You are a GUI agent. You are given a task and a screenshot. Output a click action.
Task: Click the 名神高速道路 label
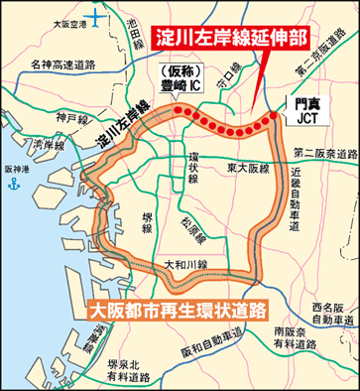[60, 66]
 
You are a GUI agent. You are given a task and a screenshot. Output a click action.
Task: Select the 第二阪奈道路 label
[324, 153]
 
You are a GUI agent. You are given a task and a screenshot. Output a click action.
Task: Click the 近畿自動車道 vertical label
[295, 197]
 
